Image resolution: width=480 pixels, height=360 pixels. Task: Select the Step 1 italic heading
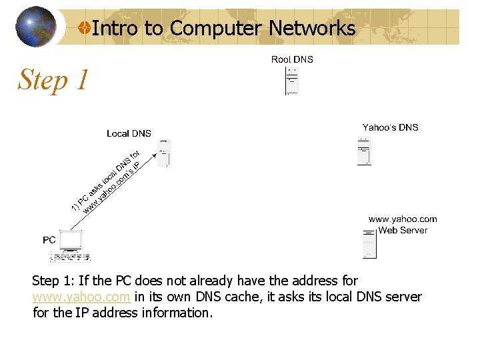pyautogui.click(x=53, y=80)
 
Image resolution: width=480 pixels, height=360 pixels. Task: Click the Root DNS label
pyautogui.click(x=292, y=59)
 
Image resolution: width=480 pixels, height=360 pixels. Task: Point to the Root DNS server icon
pyautogui.click(x=292, y=81)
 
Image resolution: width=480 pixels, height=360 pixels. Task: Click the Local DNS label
pyautogui.click(x=129, y=133)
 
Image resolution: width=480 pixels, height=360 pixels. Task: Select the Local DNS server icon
pyautogui.click(x=164, y=153)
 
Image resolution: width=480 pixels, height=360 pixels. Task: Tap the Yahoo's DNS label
pyautogui.click(x=390, y=127)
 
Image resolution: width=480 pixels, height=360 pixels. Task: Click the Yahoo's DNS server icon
pyautogui.click(x=364, y=151)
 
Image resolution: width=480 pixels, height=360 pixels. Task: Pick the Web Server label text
pyautogui.click(x=403, y=230)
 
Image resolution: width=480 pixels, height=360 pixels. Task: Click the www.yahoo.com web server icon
pyautogui.click(x=370, y=243)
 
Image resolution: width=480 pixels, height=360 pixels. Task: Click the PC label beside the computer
pyautogui.click(x=49, y=239)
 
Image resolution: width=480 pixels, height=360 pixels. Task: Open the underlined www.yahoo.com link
pyautogui.click(x=81, y=297)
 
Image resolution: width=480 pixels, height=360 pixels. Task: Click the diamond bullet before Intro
pyautogui.click(x=84, y=28)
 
